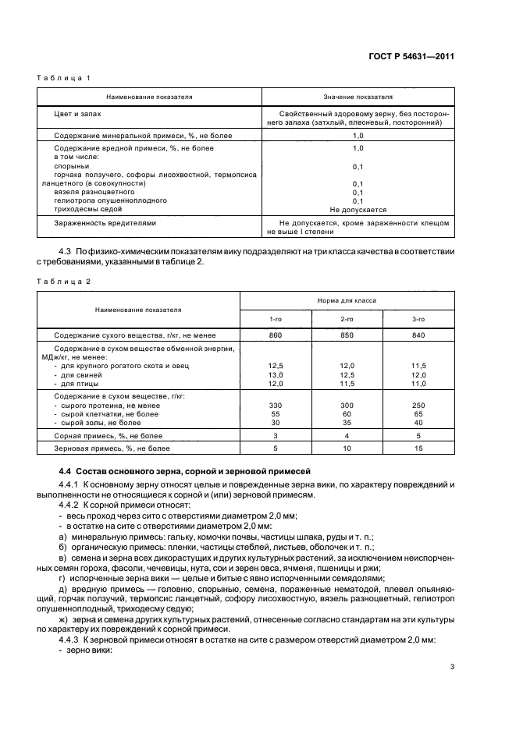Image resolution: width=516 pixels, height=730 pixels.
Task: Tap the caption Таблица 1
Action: click(x=65, y=79)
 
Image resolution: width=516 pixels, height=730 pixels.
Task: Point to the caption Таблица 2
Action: click(x=65, y=281)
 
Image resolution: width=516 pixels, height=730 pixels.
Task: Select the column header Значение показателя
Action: click(x=358, y=97)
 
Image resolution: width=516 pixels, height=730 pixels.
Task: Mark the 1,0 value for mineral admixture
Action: click(x=358, y=135)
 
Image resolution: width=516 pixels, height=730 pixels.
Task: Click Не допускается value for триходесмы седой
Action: click(x=358, y=209)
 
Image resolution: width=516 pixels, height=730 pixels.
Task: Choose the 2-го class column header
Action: click(x=347, y=320)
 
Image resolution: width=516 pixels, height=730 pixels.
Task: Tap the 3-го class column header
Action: click(x=418, y=320)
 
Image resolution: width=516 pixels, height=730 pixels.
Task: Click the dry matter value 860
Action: click(x=275, y=335)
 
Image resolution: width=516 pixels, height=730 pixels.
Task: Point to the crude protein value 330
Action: click(x=275, y=406)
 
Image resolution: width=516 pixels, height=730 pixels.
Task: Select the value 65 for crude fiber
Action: click(x=418, y=413)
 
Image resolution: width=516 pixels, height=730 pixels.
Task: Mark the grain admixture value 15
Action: click(x=418, y=448)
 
